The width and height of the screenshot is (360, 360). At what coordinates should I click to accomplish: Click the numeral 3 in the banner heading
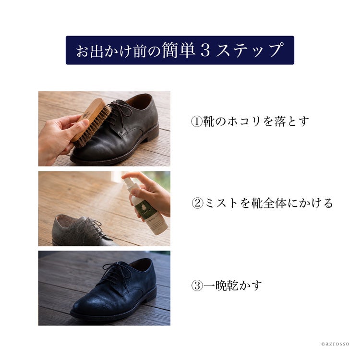coord(205,50)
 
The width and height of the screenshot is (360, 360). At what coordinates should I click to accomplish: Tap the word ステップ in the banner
coord(249,50)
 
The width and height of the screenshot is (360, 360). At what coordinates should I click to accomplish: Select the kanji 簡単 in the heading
coord(179,50)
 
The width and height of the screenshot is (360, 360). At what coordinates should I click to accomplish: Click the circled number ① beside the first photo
coord(196,122)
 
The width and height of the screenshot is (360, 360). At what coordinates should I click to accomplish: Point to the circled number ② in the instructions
coord(197,203)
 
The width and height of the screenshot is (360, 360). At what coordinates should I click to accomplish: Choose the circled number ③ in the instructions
coord(197,286)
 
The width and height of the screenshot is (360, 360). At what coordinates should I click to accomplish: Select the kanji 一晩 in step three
coord(215,286)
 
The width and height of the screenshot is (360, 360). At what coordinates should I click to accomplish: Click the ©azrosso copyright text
coord(335,344)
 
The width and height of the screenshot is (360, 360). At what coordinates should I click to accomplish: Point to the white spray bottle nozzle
coord(127,180)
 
